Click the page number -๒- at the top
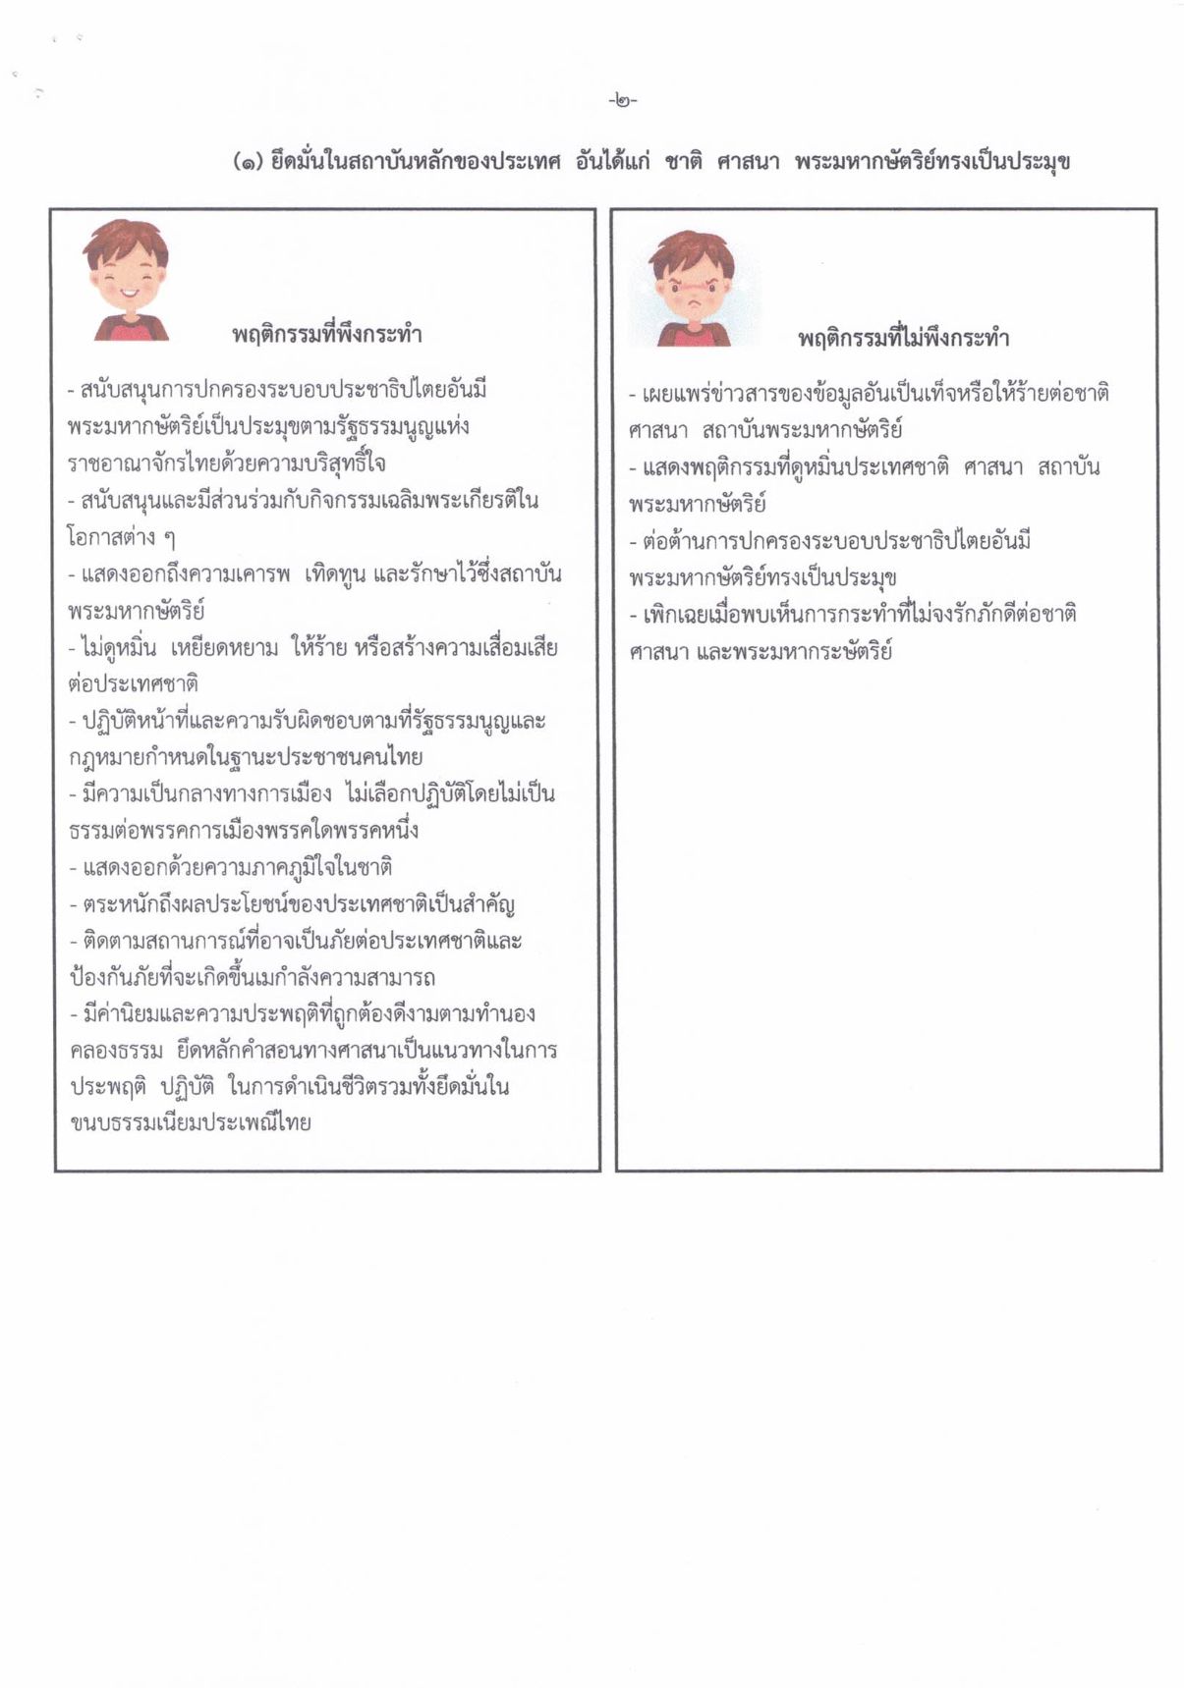623,100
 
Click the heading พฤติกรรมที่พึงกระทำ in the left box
327,335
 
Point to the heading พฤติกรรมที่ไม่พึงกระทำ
903,339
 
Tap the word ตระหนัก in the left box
124,904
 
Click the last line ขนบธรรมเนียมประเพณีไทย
191,1123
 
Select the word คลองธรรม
116,1051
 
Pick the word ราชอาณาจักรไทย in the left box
131,463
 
